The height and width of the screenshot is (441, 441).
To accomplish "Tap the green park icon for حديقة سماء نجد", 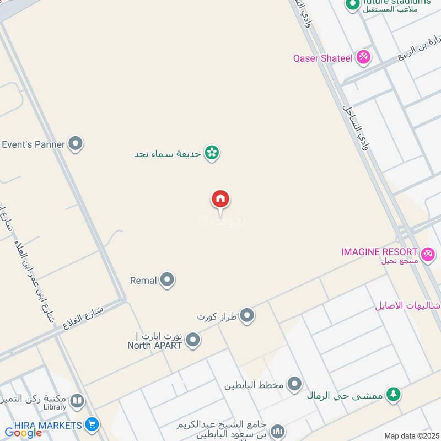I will pos(212,153).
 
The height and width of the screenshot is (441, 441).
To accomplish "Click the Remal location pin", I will pos(167,280).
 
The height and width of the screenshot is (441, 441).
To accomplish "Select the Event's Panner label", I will pos(33,144).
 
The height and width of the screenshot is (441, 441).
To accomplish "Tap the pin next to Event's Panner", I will pos(76,144).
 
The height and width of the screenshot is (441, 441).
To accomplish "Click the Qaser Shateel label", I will pos(322,58).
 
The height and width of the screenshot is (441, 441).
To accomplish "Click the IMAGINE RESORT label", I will pos(379,252).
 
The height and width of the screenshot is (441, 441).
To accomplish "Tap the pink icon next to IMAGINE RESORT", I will pos(427,254).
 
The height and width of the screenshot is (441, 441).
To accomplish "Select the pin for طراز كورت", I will pos(248,316).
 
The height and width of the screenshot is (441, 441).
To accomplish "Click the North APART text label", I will pos(155,346).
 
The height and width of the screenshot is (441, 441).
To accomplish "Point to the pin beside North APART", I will pos(192,340).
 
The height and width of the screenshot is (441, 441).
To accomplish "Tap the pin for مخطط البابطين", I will pos(294,384).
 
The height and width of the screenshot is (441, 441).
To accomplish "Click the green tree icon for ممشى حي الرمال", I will pos(392,394).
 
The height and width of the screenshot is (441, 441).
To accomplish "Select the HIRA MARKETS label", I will pos(42,424).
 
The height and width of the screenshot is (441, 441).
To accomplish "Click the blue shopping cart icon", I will pos(92,424).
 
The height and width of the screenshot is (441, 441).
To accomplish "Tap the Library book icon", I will pos(77,401).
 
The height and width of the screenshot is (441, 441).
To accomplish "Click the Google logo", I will pos(23,433).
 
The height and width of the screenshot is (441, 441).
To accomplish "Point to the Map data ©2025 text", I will pos(411,436).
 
